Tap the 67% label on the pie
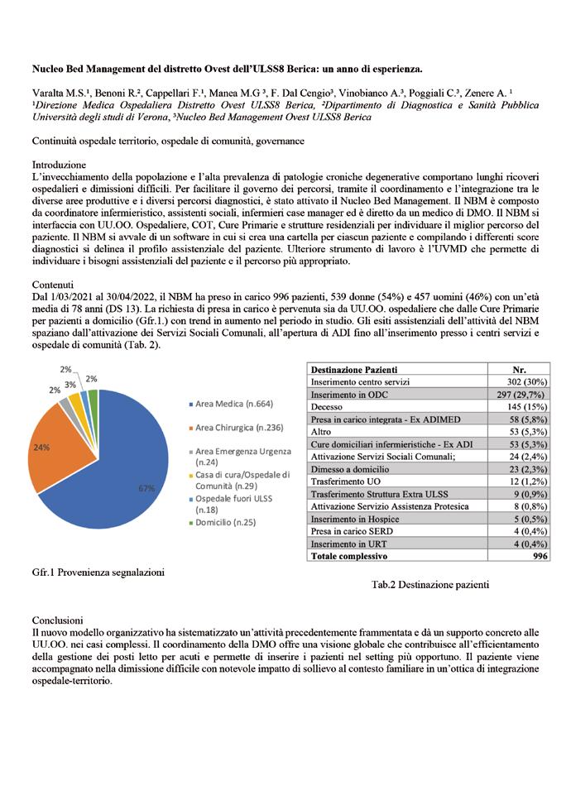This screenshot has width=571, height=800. click(x=146, y=489)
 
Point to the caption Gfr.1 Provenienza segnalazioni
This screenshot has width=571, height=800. click(x=98, y=572)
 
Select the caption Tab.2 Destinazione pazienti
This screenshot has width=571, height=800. click(x=430, y=585)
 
